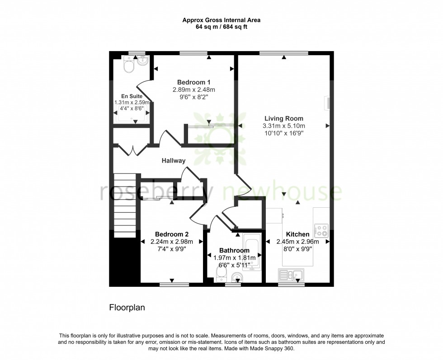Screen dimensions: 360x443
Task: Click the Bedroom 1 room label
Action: [x=193, y=82]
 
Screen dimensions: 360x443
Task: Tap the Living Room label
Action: [x=284, y=118]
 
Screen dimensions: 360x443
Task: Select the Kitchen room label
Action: [x=298, y=234]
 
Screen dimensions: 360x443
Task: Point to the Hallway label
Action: [x=174, y=160]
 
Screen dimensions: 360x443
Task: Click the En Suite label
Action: [x=132, y=96]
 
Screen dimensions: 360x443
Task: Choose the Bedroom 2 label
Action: [x=172, y=234]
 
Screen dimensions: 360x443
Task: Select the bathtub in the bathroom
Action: [x=252, y=251]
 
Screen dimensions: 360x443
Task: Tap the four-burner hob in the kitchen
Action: [x=321, y=231]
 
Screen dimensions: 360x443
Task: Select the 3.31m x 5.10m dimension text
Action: [x=284, y=126]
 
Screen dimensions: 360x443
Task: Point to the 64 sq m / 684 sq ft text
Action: [x=221, y=27]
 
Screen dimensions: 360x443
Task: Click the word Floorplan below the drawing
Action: [x=127, y=308]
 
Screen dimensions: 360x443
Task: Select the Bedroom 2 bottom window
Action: [x=174, y=285]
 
